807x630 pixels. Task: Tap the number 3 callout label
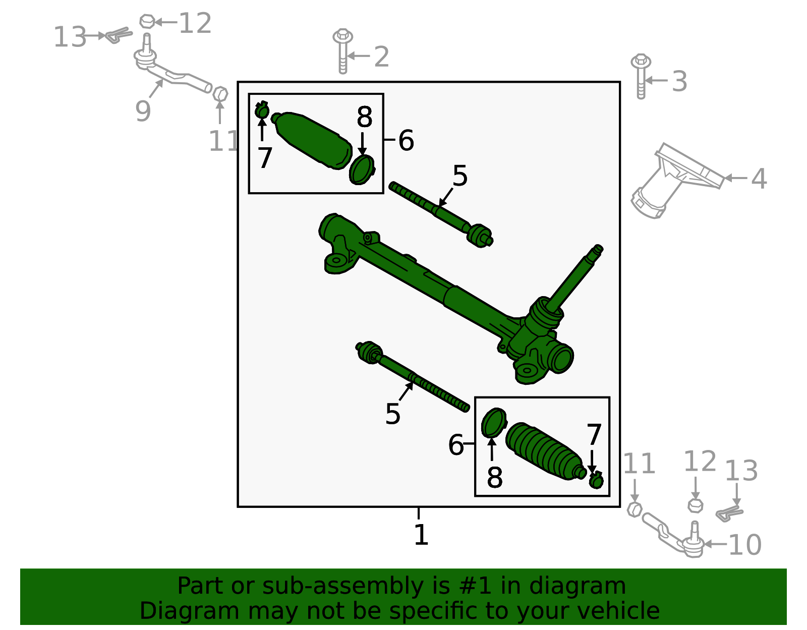679,82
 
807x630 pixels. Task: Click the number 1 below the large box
421,535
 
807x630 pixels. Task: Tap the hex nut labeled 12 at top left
147,21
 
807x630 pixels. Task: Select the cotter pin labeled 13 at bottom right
729,513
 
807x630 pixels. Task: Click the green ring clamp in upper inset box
362,170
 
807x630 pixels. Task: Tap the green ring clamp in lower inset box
493,423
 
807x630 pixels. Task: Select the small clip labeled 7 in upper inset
262,110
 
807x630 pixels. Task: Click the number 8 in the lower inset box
494,477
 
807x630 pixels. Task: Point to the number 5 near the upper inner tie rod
459,176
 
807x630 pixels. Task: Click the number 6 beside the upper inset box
406,140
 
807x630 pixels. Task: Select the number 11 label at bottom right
639,464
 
